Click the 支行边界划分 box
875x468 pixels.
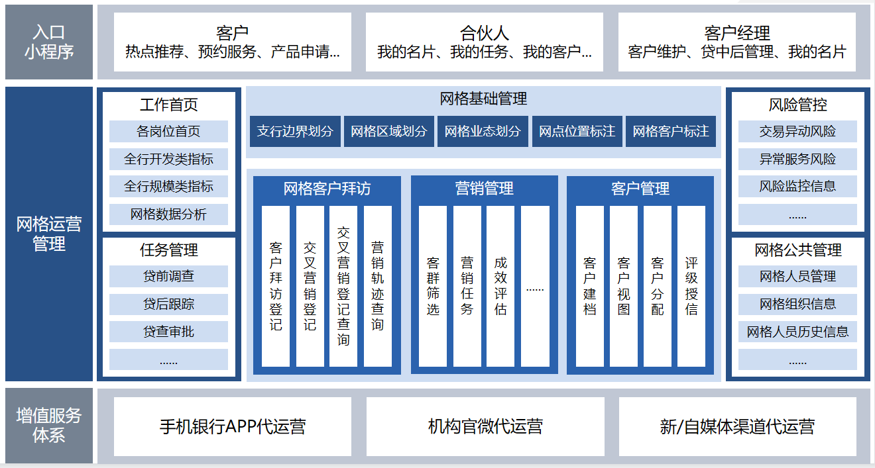click(295, 132)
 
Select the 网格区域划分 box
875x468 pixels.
click(389, 132)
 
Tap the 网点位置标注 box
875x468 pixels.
click(577, 132)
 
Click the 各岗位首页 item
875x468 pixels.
click(168, 131)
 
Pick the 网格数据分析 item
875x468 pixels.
click(168, 214)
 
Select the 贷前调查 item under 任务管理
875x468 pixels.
click(168, 276)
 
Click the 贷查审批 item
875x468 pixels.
click(168, 332)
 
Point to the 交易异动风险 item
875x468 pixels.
click(797, 131)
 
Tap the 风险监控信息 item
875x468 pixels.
click(797, 186)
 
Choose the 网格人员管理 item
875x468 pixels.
click(797, 276)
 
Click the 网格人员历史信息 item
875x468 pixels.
click(797, 332)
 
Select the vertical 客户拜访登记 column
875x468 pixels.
click(276, 286)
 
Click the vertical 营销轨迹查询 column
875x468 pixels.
click(377, 286)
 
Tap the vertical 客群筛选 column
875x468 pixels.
click(433, 286)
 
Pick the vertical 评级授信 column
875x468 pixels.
click(691, 286)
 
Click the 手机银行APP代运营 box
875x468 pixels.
click(233, 426)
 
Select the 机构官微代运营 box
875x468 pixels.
click(485, 426)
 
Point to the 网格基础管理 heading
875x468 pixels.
click(483, 99)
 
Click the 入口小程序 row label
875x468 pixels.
click(49, 42)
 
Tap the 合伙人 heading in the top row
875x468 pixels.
click(485, 32)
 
